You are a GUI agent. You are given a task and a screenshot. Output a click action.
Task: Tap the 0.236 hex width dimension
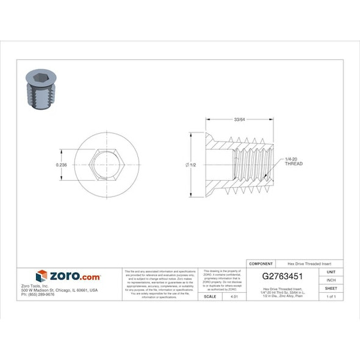[61, 165]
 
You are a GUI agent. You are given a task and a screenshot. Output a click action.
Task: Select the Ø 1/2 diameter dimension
[192, 165]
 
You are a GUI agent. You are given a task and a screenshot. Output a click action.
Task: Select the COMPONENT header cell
[261, 264]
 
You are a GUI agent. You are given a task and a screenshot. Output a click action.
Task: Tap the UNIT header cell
[331, 272]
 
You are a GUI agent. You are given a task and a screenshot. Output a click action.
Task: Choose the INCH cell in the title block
[331, 279]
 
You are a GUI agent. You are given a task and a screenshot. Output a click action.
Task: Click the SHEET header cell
[331, 288]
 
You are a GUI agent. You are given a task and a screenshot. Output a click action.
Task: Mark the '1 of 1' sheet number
[331, 296]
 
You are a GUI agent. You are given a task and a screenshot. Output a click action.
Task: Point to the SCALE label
[209, 296]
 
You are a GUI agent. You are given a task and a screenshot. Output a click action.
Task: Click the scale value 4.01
[232, 296]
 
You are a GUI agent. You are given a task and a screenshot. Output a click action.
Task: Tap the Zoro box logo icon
[41, 276]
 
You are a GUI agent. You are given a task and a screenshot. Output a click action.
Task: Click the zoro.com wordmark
[74, 276]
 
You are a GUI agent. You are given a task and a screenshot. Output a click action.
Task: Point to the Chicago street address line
[59, 290]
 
